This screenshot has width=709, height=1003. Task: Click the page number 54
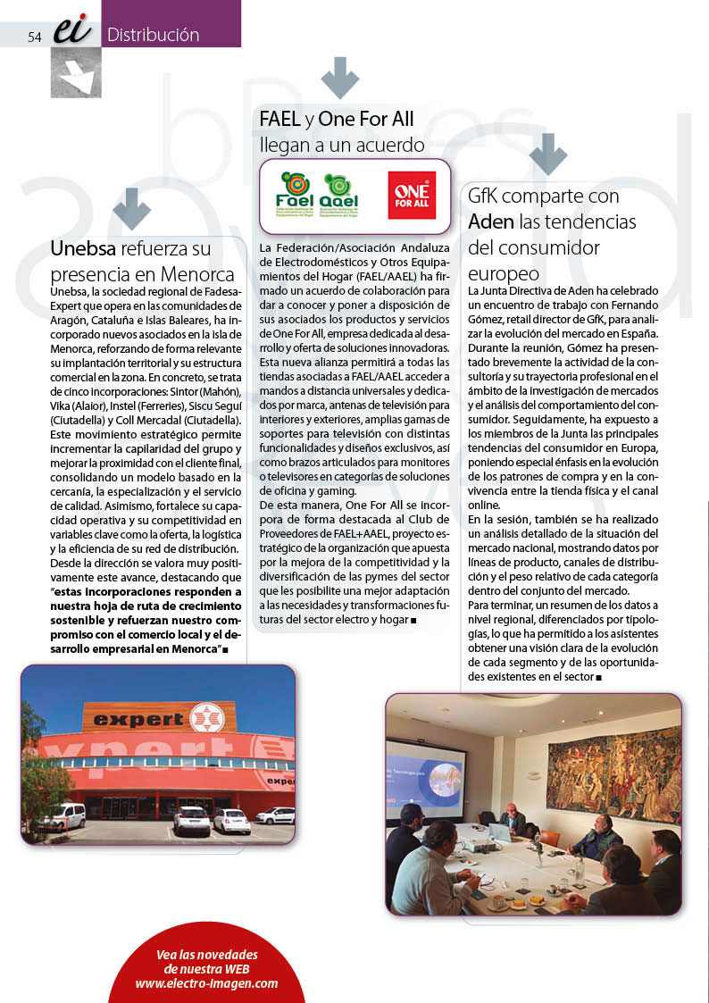click(x=35, y=37)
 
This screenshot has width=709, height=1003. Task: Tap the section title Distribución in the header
click(x=153, y=35)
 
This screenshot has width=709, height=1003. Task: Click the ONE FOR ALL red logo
click(x=411, y=195)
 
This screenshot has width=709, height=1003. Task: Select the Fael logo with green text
click(x=296, y=195)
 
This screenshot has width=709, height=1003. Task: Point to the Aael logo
click(x=339, y=195)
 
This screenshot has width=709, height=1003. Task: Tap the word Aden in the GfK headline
click(x=491, y=221)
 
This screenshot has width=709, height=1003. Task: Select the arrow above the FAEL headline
click(x=339, y=78)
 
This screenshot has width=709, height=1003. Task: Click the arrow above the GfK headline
click(x=547, y=155)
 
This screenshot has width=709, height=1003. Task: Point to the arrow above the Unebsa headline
click(x=132, y=208)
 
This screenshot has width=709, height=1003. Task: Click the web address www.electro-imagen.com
click(x=206, y=983)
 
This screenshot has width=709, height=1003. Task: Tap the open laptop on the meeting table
click(x=499, y=832)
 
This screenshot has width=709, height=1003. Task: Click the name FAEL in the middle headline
click(x=279, y=118)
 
